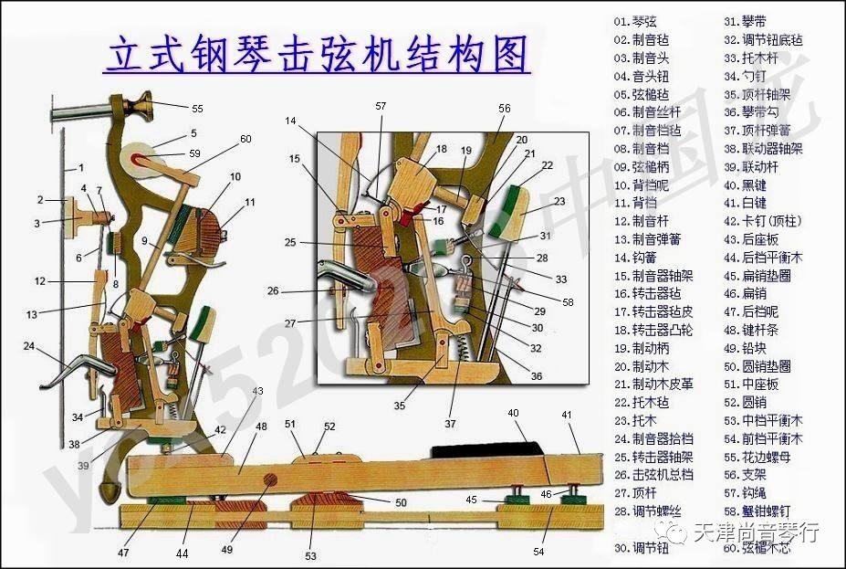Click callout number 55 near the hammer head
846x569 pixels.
pos(197,109)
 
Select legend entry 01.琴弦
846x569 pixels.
pos(635,21)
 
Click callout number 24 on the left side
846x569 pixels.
pos(29,346)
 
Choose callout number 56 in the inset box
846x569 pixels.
pos(505,108)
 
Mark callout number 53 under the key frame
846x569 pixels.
pos(310,555)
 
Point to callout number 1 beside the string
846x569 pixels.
pos(80,168)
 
